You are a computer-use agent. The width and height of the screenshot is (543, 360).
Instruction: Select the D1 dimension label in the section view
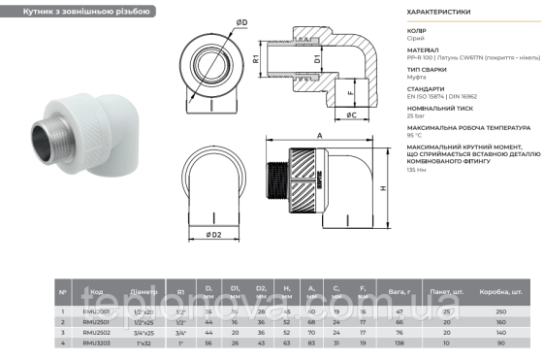pyautogui.click(x=317, y=60)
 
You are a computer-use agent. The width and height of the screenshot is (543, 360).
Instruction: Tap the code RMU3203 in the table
pyautogui.click(x=97, y=343)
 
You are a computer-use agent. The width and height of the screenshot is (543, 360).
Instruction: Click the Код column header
pyautogui.click(x=97, y=289)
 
